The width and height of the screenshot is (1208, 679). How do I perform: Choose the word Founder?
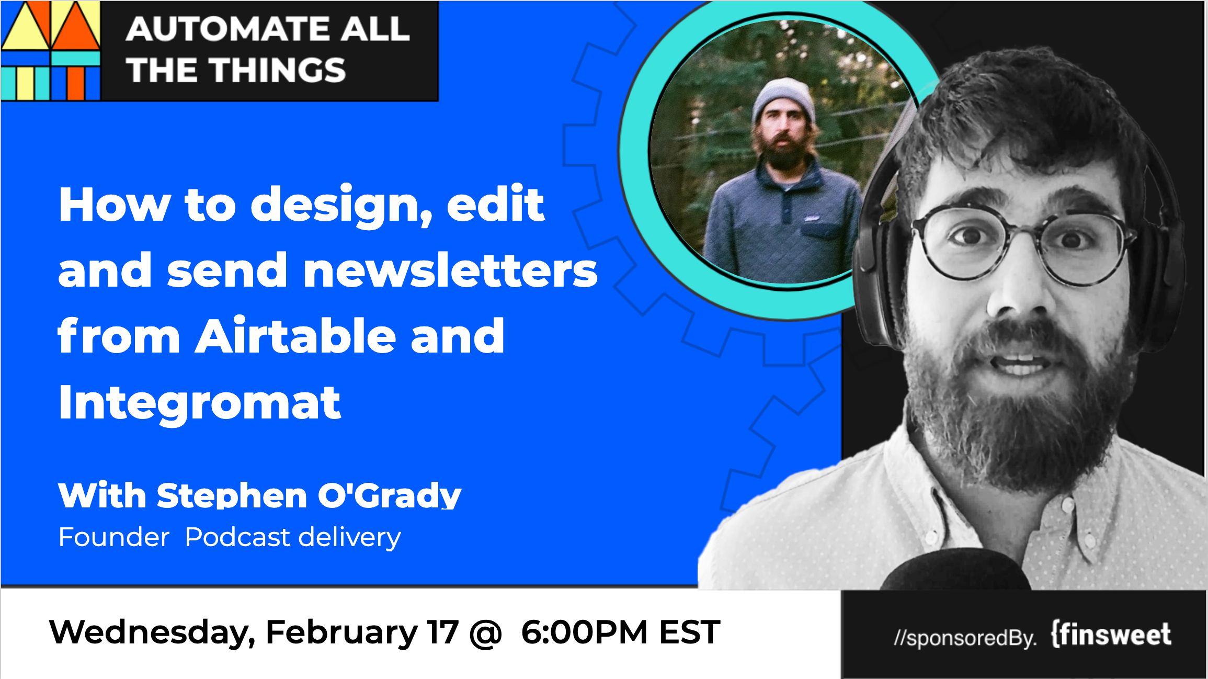pyautogui.click(x=114, y=537)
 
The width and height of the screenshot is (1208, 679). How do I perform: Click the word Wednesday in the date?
pyautogui.click(x=152, y=632)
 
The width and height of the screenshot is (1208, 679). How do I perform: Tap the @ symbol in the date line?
pyautogui.click(x=486, y=633)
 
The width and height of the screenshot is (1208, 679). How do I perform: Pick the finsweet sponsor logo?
pyautogui.click(x=1111, y=635)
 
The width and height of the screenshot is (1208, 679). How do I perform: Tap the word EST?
pyautogui.click(x=690, y=632)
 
